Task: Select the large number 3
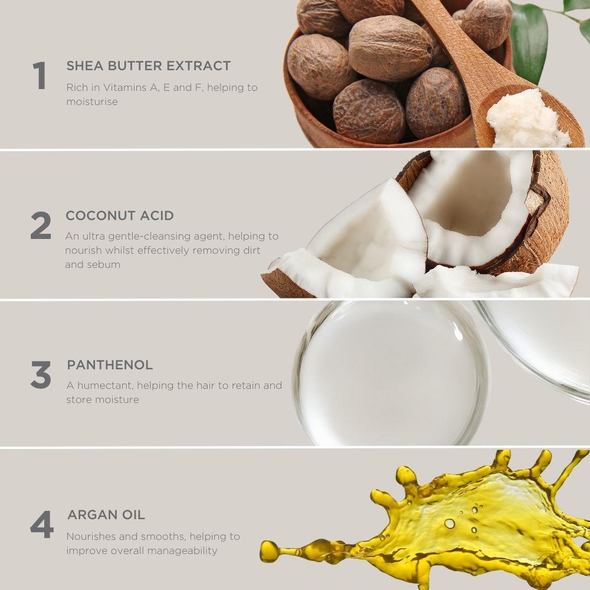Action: [x=41, y=375]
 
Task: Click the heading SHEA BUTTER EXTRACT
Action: [x=148, y=66]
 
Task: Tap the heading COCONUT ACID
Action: [x=120, y=215]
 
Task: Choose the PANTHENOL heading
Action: [x=110, y=365]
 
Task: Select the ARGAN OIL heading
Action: [x=106, y=514]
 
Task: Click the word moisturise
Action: [x=92, y=101]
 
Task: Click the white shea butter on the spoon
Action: [x=526, y=119]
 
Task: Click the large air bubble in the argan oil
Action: [x=449, y=523]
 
